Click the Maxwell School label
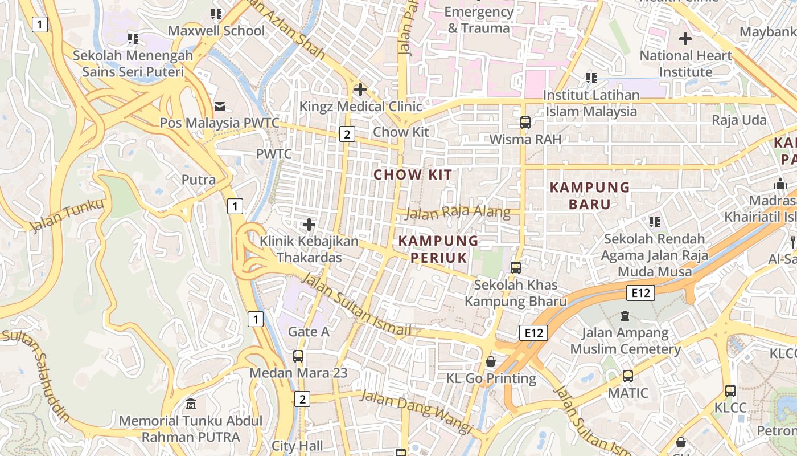(216, 31)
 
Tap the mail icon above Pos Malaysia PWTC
(219, 107)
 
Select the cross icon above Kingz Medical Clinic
(360, 89)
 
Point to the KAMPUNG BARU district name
(590, 196)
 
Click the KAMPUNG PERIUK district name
(438, 249)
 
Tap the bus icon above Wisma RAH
(525, 123)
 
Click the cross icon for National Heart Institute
(685, 39)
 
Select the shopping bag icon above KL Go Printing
(490, 361)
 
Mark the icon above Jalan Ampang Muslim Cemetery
(625, 315)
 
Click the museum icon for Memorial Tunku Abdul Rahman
(191, 404)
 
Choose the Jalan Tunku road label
(67, 215)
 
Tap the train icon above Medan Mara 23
(298, 356)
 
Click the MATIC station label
(628, 393)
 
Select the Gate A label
(309, 331)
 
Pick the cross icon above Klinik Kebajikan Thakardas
(309, 225)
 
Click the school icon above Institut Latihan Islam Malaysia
(591, 78)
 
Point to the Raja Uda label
(739, 120)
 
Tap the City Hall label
(297, 446)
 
